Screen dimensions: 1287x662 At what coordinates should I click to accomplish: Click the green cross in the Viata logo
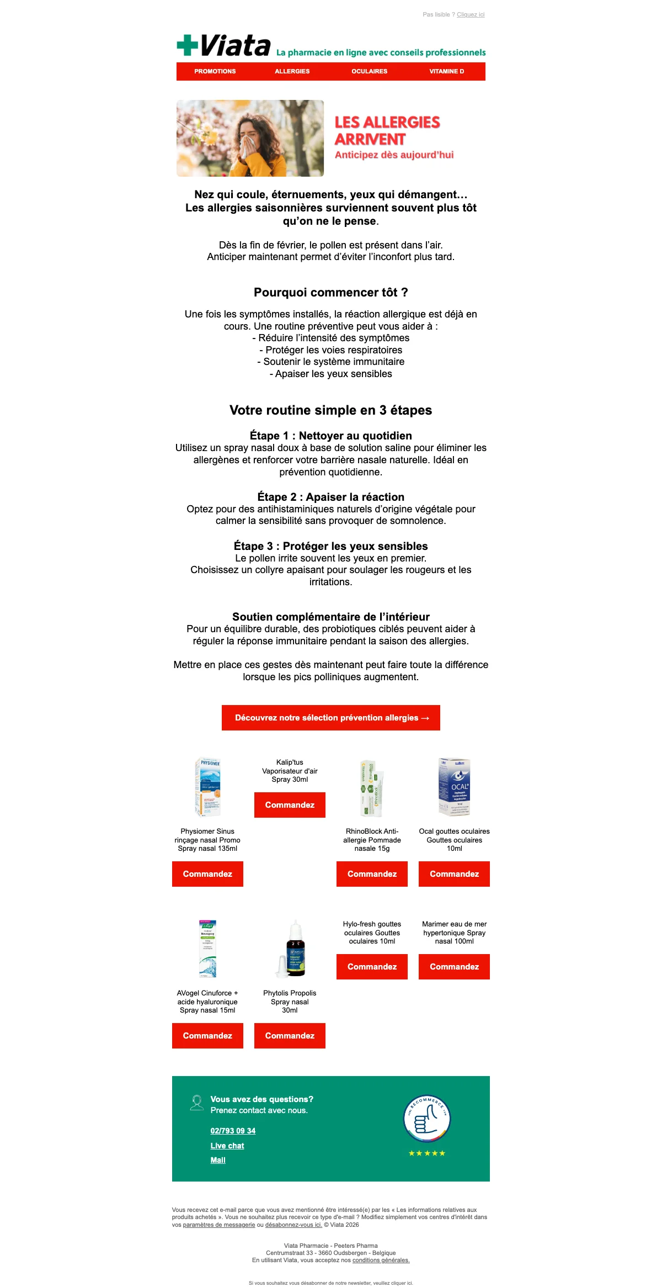pos(187,45)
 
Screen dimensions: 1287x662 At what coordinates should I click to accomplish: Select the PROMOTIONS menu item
pos(215,71)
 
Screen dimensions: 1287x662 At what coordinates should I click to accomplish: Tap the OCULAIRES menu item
pos(369,71)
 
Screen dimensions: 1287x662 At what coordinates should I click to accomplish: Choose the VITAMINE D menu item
pos(446,71)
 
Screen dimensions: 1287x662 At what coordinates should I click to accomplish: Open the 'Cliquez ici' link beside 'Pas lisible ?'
pos(471,15)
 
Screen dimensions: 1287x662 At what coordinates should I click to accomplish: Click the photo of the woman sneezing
pos(250,138)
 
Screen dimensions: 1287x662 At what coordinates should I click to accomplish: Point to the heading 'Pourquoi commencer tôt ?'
pos(330,293)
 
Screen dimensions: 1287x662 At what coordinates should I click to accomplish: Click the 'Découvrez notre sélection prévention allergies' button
pos(331,718)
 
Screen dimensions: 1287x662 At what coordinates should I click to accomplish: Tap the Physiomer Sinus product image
pos(207,787)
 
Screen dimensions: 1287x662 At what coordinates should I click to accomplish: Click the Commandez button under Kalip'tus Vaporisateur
pos(290,805)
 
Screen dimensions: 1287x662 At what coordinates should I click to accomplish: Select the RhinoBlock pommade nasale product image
pos(372,787)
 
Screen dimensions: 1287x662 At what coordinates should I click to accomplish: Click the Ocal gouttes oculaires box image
pos(454,787)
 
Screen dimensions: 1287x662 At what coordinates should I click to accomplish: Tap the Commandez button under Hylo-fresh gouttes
pos(372,967)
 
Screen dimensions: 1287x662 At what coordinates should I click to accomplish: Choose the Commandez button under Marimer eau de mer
pos(454,967)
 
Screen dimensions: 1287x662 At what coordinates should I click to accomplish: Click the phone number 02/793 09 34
pos(233,1131)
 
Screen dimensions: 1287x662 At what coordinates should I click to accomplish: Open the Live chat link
pos(227,1146)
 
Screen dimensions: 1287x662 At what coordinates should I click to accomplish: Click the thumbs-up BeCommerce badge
pos(427,1119)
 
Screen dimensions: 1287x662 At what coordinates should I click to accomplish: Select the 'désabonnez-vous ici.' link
pos(293,1225)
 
